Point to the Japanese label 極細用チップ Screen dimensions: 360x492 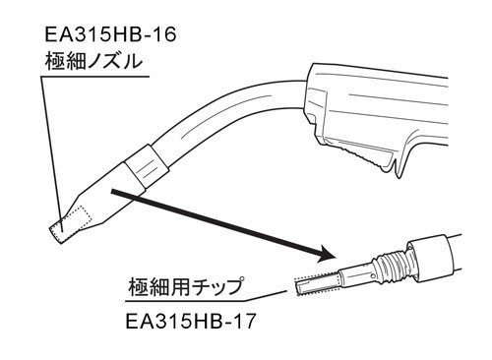pyautogui.click(x=188, y=287)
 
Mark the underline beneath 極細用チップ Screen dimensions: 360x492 pyautogui.click(x=187, y=302)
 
